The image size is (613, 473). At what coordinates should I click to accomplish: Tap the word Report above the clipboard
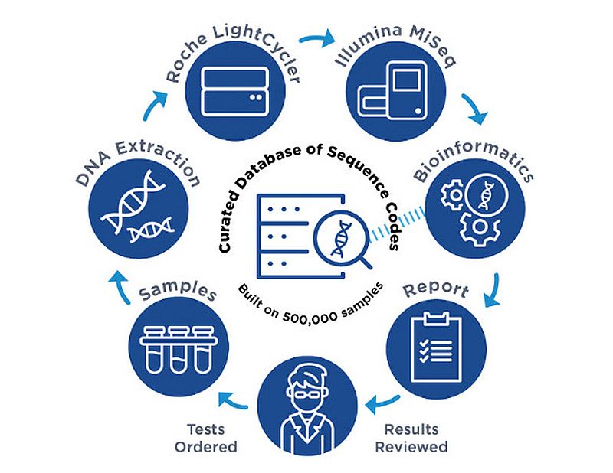[435, 290]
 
